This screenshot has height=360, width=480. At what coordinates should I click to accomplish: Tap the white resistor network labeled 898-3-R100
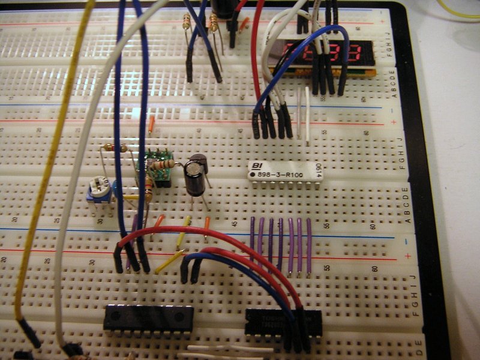[286, 171]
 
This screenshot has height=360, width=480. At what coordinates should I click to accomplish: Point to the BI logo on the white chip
[256, 165]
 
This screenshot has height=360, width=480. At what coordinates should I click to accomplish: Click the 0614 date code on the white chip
[319, 172]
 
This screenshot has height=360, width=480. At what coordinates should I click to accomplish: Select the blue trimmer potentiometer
[98, 190]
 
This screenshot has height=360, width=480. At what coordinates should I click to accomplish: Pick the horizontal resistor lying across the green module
[163, 164]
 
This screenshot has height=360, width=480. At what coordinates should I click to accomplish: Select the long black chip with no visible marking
[148, 318]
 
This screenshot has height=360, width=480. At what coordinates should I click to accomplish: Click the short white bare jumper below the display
[307, 114]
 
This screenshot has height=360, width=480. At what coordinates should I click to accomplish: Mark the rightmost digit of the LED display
[361, 53]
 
